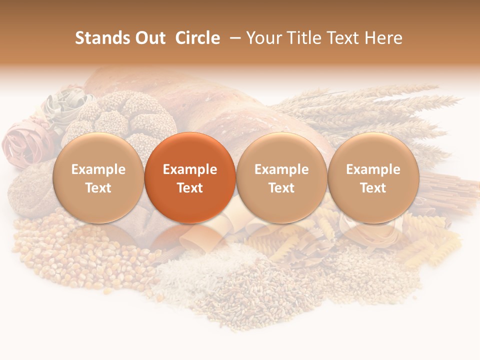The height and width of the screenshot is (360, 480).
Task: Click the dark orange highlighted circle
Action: pos(190,177)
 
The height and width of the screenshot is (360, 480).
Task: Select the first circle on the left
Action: pos(98,177)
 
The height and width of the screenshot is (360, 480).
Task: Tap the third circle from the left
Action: pos(281,177)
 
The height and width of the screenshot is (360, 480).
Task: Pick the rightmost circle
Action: pos(373,177)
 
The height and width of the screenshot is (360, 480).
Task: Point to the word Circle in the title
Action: pos(197,38)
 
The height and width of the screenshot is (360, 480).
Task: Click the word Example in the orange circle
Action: pos(190,169)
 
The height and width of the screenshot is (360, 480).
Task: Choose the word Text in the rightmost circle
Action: pos(373,188)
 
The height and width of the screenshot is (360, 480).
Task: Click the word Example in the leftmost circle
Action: pos(98,169)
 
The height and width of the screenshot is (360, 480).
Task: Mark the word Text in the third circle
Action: pos(281,188)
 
